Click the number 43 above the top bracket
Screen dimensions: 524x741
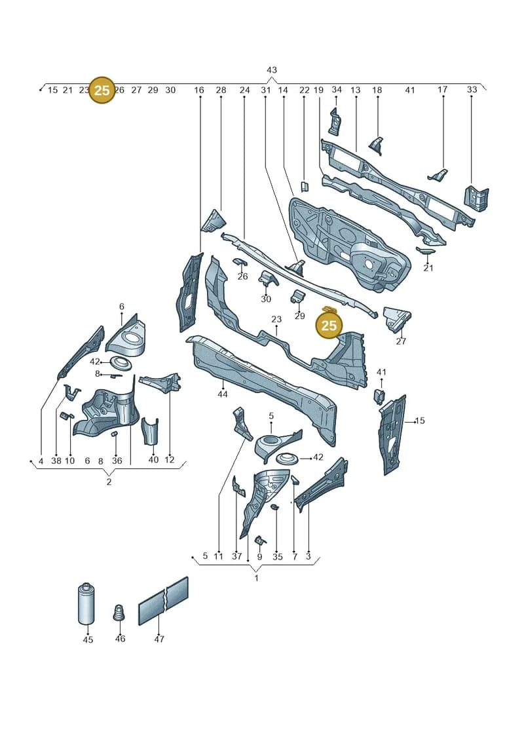[271, 70]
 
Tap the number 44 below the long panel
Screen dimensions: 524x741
[223, 394]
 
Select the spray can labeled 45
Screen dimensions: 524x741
[86, 604]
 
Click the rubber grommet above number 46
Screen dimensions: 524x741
[119, 613]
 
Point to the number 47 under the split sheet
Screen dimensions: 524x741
[159, 639]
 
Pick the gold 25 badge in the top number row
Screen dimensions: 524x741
[102, 90]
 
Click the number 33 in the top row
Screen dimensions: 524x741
[472, 89]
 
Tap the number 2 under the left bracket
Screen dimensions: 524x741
[109, 482]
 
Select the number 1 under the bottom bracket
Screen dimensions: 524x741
[257, 578]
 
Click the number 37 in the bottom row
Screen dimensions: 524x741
[236, 556]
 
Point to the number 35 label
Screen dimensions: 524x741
[277, 557]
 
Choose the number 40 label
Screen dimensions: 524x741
[153, 459]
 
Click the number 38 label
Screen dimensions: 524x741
[56, 461]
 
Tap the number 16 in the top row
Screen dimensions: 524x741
[199, 90]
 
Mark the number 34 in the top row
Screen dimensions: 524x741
[337, 89]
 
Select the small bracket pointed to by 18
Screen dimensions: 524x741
[377, 145]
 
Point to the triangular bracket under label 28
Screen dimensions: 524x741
[213, 221]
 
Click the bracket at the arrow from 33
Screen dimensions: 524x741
[476, 199]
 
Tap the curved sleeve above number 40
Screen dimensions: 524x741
[150, 431]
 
